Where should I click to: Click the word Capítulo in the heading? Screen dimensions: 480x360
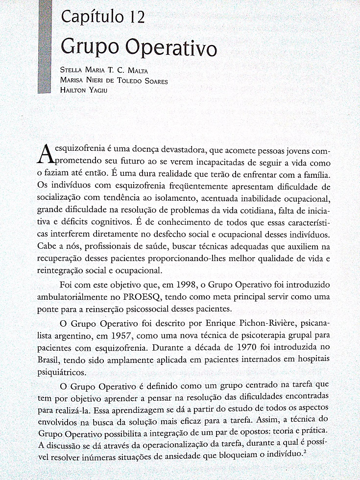click(89, 18)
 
